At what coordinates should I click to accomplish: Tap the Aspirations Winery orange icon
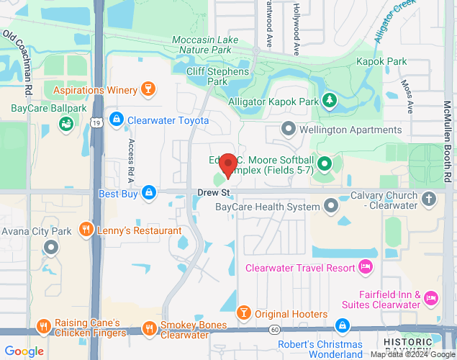pyautogui.click(x=148, y=90)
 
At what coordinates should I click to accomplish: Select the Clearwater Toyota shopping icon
pyautogui.click(x=115, y=120)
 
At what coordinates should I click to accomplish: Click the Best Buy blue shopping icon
pyautogui.click(x=148, y=193)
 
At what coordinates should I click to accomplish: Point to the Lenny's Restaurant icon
pyautogui.click(x=86, y=230)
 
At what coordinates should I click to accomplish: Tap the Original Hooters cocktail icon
pyautogui.click(x=243, y=313)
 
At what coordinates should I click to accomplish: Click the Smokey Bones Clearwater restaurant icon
pyautogui.click(x=150, y=328)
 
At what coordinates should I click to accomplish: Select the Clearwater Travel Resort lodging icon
pyautogui.click(x=366, y=268)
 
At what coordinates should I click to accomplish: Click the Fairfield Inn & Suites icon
pyautogui.click(x=431, y=297)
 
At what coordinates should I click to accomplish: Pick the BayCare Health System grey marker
pyautogui.click(x=331, y=207)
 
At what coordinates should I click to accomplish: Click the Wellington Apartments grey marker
pyautogui.click(x=289, y=130)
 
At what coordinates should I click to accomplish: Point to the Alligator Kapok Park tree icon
pyautogui.click(x=330, y=102)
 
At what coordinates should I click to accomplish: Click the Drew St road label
pyautogui.click(x=213, y=192)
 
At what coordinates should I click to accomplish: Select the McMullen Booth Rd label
pyautogui.click(x=448, y=141)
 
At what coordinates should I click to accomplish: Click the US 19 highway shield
pyautogui.click(x=96, y=125)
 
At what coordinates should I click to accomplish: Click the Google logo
pyautogui.click(x=24, y=351)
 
